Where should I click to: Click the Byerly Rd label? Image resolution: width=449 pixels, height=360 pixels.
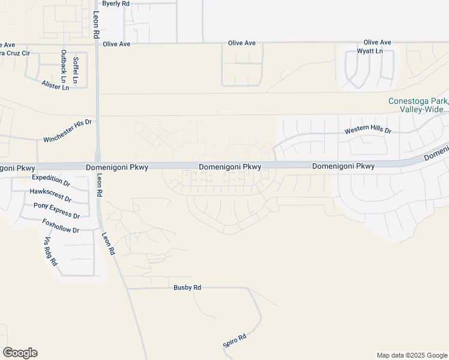click(116, 4)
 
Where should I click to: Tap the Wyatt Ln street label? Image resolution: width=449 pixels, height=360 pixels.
click(370, 51)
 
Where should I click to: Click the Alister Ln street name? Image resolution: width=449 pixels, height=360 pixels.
click(56, 86)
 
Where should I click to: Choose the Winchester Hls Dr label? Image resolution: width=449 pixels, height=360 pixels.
click(67, 131)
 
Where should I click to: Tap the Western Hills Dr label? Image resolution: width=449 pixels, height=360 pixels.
click(367, 131)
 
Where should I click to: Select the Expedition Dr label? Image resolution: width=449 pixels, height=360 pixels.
click(51, 178)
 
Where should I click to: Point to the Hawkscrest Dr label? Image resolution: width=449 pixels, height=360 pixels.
click(50, 195)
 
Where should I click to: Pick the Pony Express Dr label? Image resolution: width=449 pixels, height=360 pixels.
click(56, 210)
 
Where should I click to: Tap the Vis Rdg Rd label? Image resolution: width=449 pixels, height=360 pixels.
click(50, 251)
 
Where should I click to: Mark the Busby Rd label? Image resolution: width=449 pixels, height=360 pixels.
click(187, 287)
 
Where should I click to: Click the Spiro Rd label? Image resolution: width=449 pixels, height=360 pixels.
click(234, 341)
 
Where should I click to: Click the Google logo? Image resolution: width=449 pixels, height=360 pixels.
click(20, 353)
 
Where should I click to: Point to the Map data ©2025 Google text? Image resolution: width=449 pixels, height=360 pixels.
click(411, 355)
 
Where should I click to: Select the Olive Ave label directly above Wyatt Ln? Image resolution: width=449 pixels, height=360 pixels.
click(377, 43)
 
